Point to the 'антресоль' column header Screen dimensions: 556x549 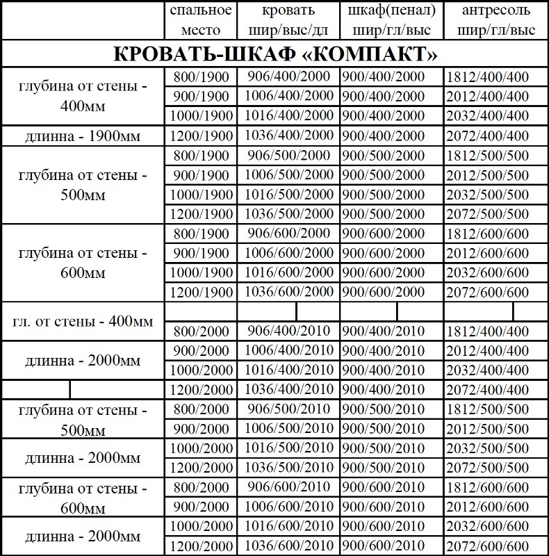point(496,20)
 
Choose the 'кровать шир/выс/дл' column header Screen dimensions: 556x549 point(288,20)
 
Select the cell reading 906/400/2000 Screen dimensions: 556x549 point(288,77)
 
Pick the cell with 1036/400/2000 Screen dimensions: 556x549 point(288,136)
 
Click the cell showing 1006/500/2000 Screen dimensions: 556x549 point(288,175)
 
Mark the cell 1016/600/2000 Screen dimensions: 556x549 point(288,272)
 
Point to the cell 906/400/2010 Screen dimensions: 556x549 point(288,331)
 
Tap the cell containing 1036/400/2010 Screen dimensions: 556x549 point(288,390)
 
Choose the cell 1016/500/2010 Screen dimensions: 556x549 point(288,448)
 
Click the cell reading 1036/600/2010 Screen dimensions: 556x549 point(288,546)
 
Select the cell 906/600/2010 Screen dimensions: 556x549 point(288,488)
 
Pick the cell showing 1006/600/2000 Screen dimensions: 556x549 point(288,253)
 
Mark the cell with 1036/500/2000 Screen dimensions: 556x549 point(288,214)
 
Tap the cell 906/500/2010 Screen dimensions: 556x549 point(288,409)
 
